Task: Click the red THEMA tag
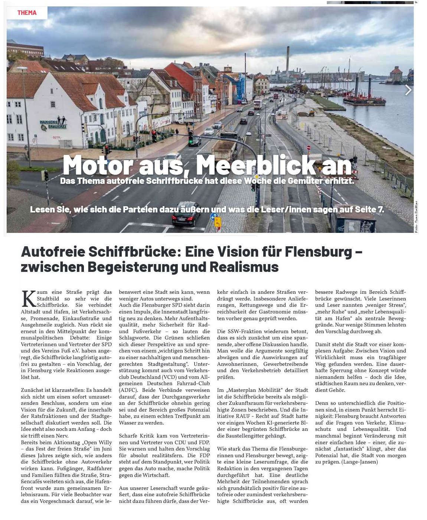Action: (x=27, y=13)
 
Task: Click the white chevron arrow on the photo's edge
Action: (x=408, y=90)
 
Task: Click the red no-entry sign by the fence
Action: (x=309, y=148)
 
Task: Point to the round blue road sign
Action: (x=214, y=217)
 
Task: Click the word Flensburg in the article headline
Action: (x=318, y=252)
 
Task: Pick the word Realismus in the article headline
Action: (x=244, y=267)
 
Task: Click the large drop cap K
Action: (x=28, y=299)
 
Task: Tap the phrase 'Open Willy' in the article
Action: (x=98, y=442)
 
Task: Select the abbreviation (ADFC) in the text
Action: (x=128, y=390)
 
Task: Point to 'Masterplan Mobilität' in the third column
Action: (x=253, y=390)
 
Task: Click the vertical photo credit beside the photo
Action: (x=416, y=217)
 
